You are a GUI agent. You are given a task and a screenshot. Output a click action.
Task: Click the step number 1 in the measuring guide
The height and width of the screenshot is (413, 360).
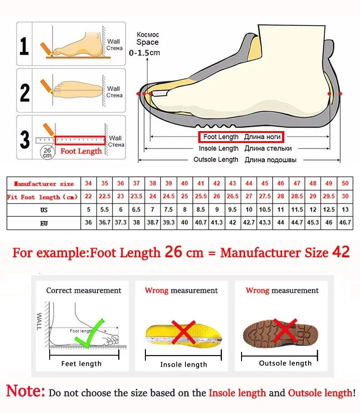click(24, 46)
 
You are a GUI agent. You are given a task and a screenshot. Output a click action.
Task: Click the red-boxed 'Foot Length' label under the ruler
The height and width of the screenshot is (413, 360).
click(81, 151)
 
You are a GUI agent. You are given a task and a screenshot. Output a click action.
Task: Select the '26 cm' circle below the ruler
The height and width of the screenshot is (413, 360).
click(47, 152)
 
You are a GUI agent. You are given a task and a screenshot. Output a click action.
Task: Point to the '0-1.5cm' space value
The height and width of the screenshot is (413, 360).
click(145, 53)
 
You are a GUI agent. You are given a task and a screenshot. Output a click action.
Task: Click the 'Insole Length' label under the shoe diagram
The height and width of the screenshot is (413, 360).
click(218, 148)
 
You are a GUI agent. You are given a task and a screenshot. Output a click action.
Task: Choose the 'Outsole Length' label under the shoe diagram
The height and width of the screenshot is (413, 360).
click(216, 159)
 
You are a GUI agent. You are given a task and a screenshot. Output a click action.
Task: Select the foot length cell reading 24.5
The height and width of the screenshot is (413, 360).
click(169, 197)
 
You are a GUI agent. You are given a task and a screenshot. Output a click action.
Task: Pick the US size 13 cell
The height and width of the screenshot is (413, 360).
click(345, 210)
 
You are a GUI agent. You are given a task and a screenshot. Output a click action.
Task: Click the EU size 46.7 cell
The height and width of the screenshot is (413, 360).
click(345, 223)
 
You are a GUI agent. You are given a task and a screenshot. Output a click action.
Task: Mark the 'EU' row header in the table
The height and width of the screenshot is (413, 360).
click(44, 223)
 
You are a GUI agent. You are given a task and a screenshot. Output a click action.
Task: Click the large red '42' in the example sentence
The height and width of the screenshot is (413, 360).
click(340, 252)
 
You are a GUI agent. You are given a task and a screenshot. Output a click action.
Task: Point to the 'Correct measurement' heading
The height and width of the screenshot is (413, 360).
click(83, 291)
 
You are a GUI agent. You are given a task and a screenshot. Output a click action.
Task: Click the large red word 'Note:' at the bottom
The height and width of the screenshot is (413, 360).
click(26, 391)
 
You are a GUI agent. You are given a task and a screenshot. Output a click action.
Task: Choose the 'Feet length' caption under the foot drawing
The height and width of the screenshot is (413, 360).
click(81, 363)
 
